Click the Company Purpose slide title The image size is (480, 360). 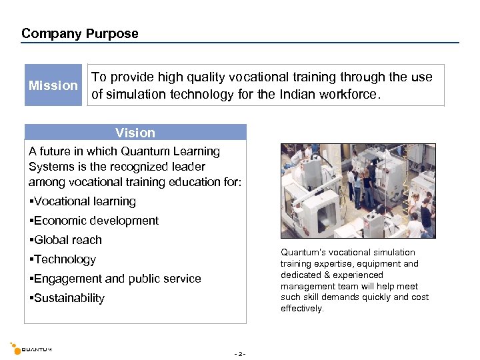coord(80,33)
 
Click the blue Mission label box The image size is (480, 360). coord(53,85)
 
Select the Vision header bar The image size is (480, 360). coord(135,133)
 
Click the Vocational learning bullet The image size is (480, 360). coord(83,201)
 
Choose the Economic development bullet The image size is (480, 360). coord(94,221)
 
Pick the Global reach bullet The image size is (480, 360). coord(65,240)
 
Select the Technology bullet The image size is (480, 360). coord(63,259)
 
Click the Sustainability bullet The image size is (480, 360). coord(67,298)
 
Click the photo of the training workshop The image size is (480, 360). coord(358,191)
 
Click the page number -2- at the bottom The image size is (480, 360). coord(240,353)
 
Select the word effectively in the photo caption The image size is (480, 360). coord(301,309)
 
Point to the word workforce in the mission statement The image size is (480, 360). coord(353,94)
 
